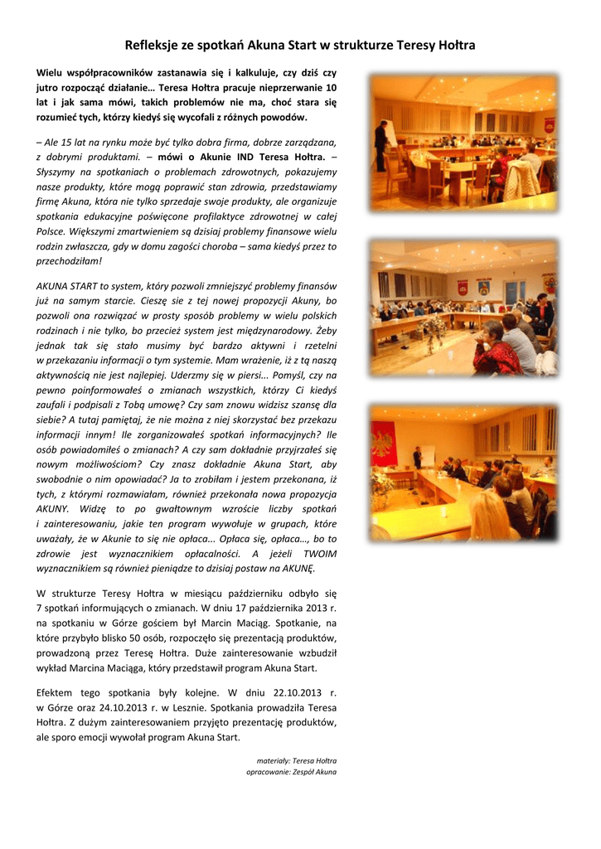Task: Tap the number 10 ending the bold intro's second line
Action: pyautogui.click(x=332, y=87)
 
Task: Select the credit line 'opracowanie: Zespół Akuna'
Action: pyautogui.click(x=292, y=772)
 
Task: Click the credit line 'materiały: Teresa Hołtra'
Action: pyautogui.click(x=297, y=760)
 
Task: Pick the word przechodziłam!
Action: pyautogui.click(x=70, y=260)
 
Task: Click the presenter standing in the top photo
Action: pyautogui.click(x=380, y=145)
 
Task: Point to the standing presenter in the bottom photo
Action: pyautogui.click(x=419, y=457)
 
